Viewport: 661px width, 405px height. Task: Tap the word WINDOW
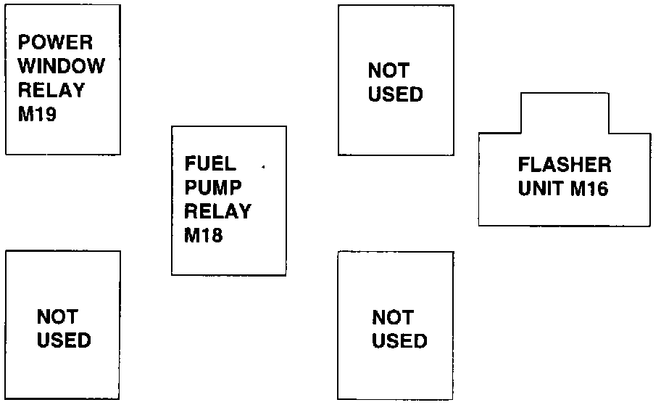coord(61,66)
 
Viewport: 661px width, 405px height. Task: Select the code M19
coord(37,115)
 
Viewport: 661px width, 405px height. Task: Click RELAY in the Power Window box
coord(51,91)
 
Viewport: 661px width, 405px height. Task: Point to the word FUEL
coord(210,163)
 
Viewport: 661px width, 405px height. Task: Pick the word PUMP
coord(212,187)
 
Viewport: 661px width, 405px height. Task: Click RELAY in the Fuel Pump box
coord(217,211)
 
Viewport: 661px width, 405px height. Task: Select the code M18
coord(204,236)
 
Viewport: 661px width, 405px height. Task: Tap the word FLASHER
coord(564,165)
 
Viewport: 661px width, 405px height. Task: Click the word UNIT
coord(541,189)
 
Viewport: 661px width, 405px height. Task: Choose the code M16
coord(589,189)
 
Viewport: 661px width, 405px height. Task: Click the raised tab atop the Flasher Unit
coord(564,112)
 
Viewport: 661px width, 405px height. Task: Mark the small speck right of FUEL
coord(262,168)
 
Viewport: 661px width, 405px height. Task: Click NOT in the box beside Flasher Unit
coord(388,70)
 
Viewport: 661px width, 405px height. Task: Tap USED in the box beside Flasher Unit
coord(395,94)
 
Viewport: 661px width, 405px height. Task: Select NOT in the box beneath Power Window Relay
coord(57,316)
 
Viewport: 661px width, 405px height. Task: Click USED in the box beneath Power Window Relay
coord(64,340)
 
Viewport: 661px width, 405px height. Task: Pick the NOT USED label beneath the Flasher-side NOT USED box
coord(399,329)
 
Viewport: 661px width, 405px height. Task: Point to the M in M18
coord(193,236)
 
